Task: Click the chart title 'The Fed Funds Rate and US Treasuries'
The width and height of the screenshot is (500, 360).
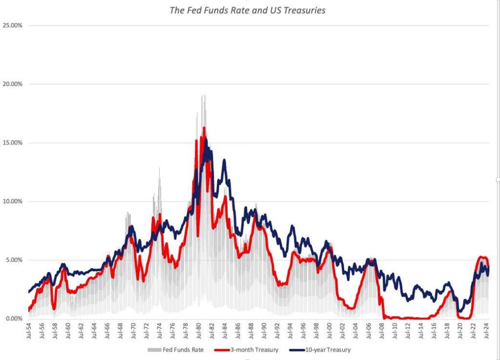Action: tap(247, 10)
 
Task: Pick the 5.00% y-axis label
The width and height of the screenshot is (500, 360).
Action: tap(13, 260)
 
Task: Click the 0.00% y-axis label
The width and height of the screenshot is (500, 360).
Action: tap(13, 318)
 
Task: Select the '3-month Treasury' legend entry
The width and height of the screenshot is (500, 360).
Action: tap(252, 350)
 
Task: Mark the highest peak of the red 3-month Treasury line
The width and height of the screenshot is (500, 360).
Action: tap(204, 128)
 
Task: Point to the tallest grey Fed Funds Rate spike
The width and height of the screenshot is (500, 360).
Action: tap(203, 95)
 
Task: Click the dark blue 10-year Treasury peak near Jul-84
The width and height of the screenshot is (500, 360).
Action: tap(224, 160)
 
